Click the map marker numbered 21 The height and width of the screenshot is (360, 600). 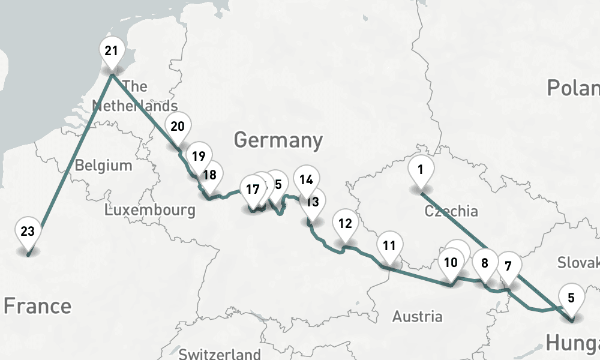click(x=112, y=52)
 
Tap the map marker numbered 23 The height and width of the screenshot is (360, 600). click(x=28, y=232)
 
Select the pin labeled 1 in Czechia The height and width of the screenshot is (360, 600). click(x=421, y=170)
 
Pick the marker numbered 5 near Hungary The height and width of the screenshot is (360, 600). click(x=571, y=298)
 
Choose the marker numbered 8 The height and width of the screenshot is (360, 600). click(x=485, y=263)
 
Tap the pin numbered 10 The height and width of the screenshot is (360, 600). click(x=451, y=263)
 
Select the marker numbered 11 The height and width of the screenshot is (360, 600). click(x=389, y=246)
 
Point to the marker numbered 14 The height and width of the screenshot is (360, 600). click(x=307, y=180)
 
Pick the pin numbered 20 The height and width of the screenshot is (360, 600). click(x=178, y=127)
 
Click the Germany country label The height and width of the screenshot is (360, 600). click(x=278, y=140)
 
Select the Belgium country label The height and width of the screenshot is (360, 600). click(x=103, y=165)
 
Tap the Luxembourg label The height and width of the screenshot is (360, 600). click(x=149, y=210)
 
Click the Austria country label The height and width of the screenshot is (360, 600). click(x=418, y=316)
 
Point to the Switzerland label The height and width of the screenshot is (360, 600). click(x=220, y=353)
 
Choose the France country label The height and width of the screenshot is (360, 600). click(x=37, y=306)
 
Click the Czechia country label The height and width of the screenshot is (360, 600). click(x=451, y=211)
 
